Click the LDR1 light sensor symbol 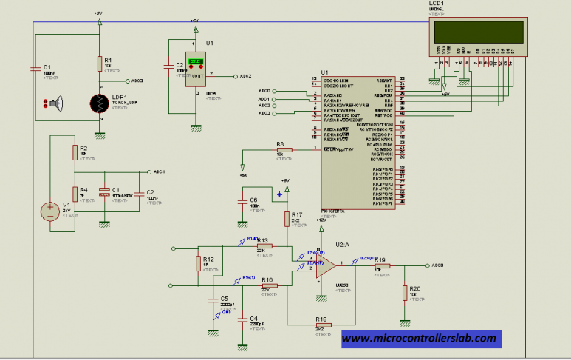coord(98,105)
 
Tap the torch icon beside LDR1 coord(55,104)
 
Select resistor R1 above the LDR coord(98,65)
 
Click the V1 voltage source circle coord(50,211)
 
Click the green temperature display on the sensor coord(196,62)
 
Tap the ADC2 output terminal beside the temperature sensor coord(235,76)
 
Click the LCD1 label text coord(436,5)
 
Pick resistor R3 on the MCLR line coord(284,149)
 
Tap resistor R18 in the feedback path coord(322,325)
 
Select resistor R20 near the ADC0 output coord(404,291)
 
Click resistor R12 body coord(198,263)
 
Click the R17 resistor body coord(287,220)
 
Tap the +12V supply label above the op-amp coord(321,220)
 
